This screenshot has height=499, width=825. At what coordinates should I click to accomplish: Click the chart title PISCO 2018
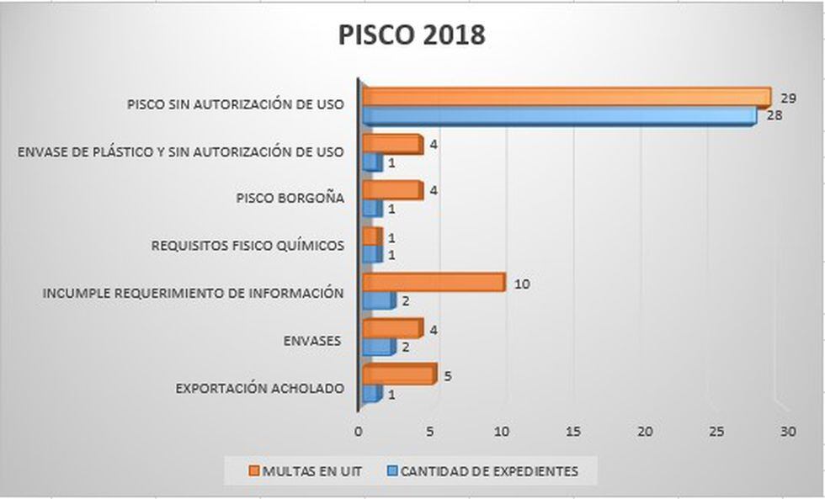[412, 35]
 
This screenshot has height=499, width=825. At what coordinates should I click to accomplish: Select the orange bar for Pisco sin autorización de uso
[566, 97]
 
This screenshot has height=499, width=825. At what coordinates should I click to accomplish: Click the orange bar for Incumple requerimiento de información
[433, 283]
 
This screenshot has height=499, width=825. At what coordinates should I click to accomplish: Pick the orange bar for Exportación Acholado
[398, 374]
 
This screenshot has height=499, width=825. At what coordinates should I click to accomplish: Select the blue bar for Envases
[377, 346]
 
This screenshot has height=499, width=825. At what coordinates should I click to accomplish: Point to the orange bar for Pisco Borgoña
[391, 190]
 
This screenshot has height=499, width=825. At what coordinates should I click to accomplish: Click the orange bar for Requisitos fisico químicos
[371, 236]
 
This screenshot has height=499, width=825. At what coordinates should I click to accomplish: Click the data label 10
[521, 284]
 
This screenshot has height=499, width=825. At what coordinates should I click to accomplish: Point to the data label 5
[448, 376]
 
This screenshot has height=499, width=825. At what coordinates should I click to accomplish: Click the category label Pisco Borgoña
[290, 199]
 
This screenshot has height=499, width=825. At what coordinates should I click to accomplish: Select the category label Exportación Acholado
[259, 388]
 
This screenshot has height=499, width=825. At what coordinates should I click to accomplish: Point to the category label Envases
[312, 340]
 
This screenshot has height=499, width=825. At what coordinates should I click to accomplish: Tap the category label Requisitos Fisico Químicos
[247, 246]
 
